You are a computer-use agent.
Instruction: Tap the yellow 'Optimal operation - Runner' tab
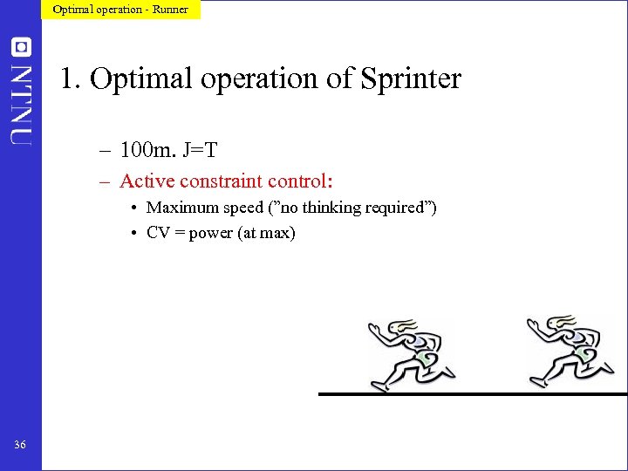click(x=120, y=10)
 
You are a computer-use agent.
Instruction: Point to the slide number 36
click(x=20, y=446)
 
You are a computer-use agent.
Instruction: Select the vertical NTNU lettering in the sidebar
click(x=21, y=102)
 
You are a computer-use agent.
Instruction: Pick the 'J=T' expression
click(x=200, y=152)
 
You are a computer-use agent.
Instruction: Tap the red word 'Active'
click(x=147, y=181)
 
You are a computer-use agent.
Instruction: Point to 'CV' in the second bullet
click(x=158, y=233)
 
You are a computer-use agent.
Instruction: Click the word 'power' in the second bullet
click(x=211, y=234)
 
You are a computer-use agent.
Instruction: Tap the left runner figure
click(x=409, y=353)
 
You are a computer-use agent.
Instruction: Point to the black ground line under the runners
click(x=472, y=394)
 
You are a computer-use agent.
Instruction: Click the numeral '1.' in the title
click(x=71, y=79)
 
